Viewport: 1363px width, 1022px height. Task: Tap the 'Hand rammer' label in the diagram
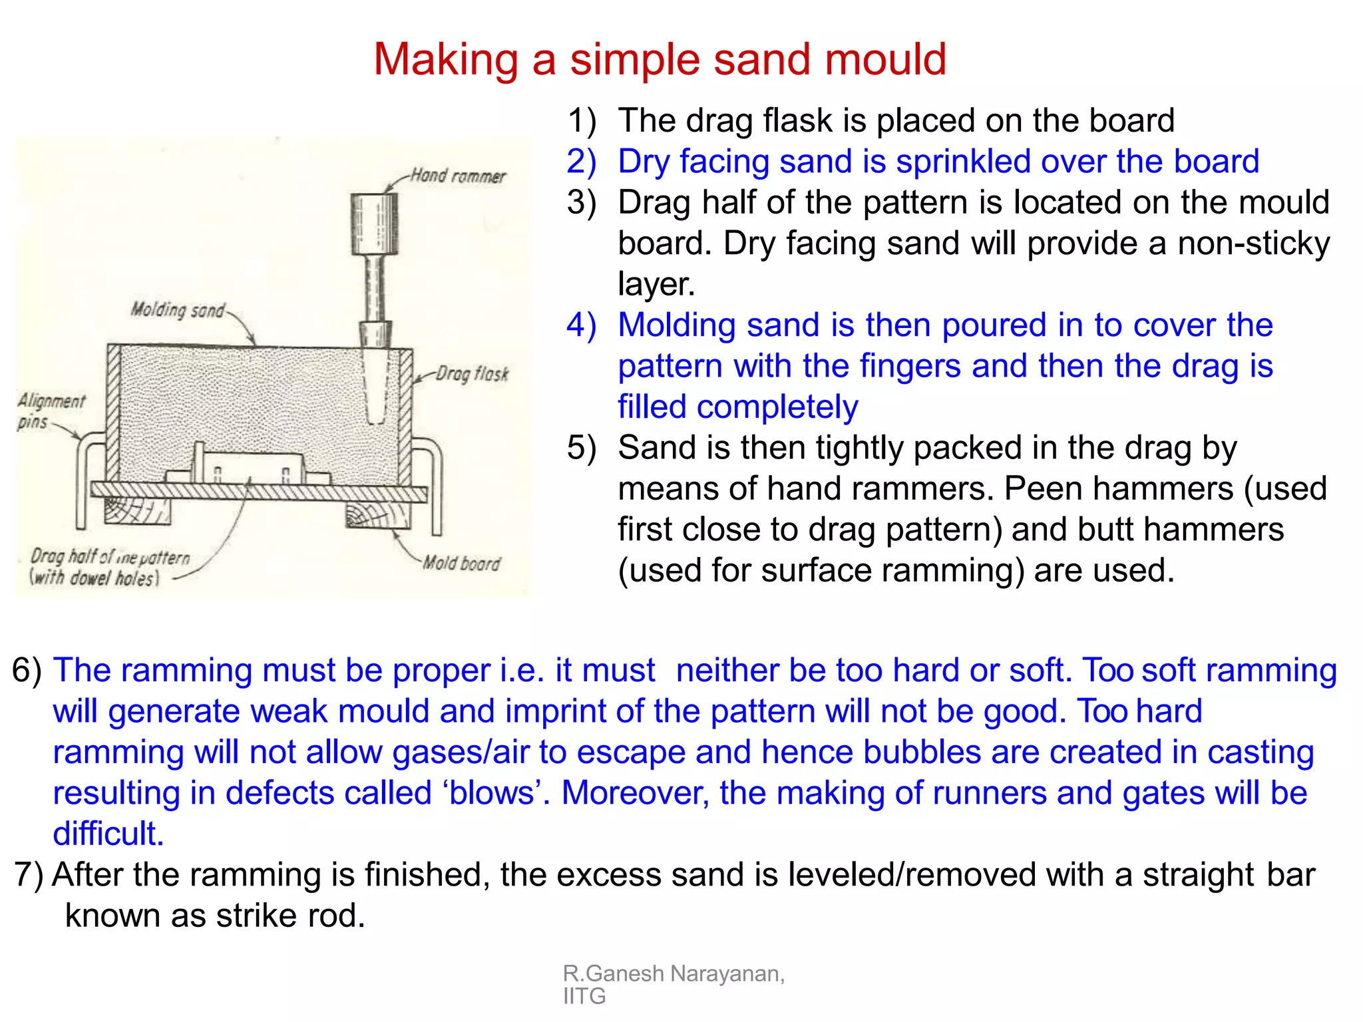pos(458,176)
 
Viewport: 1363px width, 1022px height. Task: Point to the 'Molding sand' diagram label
pos(178,309)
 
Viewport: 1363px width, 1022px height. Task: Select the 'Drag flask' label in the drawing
pos(472,374)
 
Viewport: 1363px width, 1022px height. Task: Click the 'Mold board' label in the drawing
pos(461,564)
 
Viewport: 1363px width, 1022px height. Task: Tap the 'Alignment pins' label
pos(50,411)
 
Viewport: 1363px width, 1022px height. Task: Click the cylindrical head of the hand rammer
pos(375,224)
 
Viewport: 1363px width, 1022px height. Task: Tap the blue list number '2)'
pos(581,162)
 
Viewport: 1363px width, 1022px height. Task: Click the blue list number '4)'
pos(581,325)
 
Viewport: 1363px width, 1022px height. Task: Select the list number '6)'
pos(27,670)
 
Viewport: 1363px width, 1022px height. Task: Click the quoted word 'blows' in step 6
pos(492,793)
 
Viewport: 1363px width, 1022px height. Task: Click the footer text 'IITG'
pos(584,997)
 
